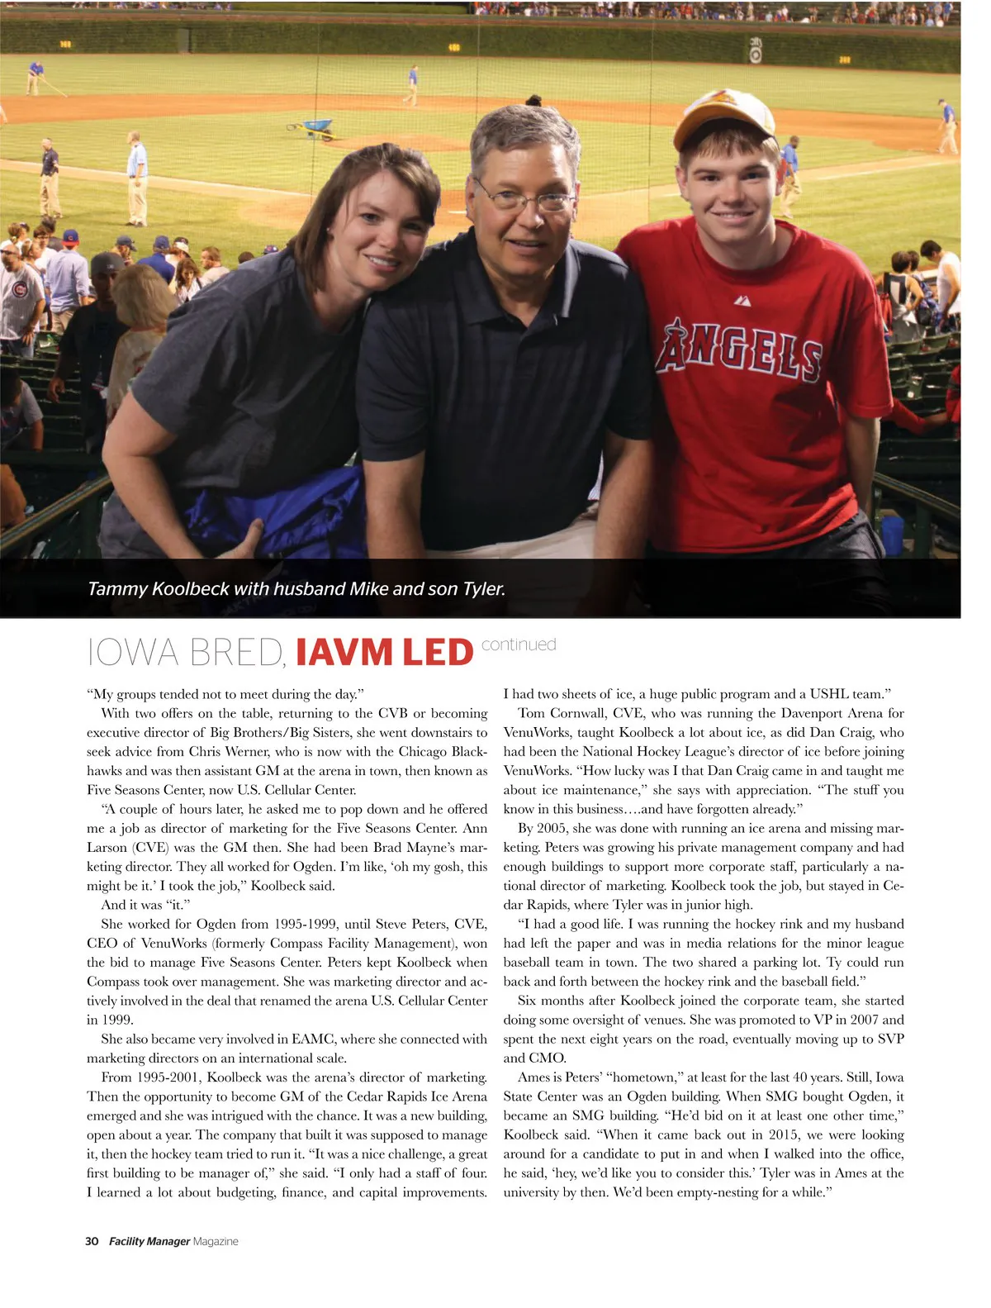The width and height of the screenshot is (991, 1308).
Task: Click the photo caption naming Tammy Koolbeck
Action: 296,588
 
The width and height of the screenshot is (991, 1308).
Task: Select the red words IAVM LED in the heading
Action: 384,653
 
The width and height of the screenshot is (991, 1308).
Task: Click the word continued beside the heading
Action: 519,644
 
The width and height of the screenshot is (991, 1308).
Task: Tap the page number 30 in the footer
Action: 92,1241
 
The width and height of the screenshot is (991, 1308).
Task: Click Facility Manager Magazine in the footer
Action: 173,1241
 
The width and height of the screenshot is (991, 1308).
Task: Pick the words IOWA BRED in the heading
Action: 187,653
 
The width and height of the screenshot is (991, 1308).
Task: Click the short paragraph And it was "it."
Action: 145,905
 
